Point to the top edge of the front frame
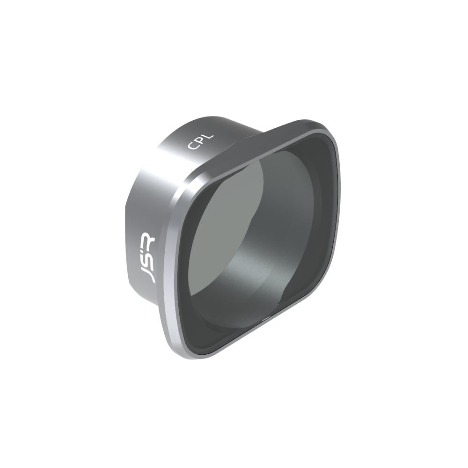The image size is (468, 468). [x=262, y=136]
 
